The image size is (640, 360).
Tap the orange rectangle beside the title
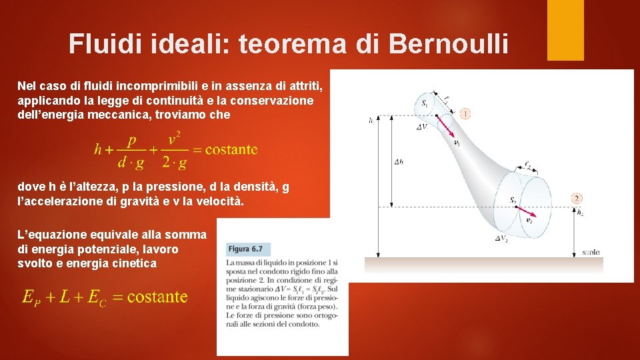(x=565, y=29)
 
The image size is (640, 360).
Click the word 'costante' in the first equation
(x=231, y=149)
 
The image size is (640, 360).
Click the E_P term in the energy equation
(x=31, y=297)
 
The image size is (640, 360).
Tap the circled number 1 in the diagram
(x=465, y=114)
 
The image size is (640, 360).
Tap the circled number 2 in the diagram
(x=577, y=198)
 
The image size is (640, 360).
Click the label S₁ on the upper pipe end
(x=425, y=103)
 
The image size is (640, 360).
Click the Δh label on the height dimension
(x=399, y=162)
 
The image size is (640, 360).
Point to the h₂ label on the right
(x=579, y=212)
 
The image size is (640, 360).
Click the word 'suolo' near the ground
(x=590, y=252)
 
